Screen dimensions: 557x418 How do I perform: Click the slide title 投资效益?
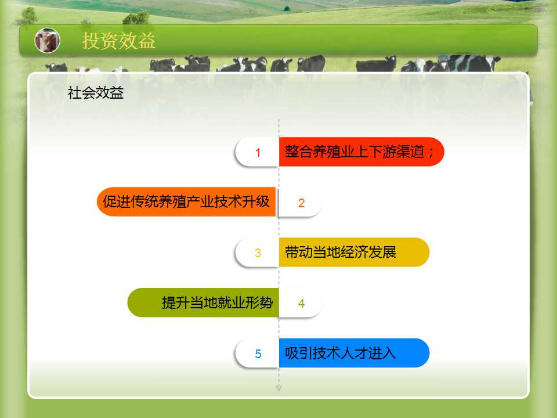pos(118,41)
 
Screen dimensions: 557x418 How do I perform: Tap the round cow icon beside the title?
pos(47,41)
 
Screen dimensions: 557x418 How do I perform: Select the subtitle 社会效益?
pos(96,93)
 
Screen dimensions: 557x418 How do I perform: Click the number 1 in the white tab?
pos(258,153)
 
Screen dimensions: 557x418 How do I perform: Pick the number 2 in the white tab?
pos(301,203)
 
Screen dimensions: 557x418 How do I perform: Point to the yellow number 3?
pos(258,253)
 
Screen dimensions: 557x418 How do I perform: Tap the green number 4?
pos(301,303)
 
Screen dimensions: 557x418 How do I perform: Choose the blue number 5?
pos(258,354)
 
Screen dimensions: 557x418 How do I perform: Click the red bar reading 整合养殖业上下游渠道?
pos(361,152)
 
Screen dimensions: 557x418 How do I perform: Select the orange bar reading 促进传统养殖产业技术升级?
pos(186,201)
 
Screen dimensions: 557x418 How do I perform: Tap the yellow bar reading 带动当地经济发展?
pos(354,252)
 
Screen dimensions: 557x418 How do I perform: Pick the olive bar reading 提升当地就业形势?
pos(203,302)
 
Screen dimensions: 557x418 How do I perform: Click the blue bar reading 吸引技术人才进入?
pos(354,353)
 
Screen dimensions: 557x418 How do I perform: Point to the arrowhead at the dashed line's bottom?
pos(279,388)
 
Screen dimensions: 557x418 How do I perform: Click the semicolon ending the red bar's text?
pos(431,153)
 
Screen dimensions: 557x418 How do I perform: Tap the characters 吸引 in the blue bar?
pos(298,353)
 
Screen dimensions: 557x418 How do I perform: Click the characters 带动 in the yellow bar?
pos(298,252)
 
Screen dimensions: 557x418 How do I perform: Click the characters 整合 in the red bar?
pos(298,152)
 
